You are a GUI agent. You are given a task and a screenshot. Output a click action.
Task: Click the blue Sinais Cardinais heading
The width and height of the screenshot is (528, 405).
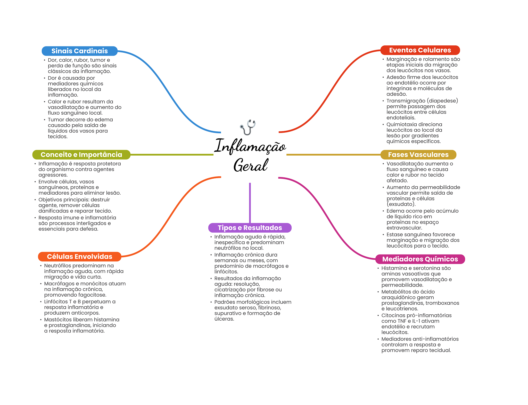pyautogui.click(x=79, y=51)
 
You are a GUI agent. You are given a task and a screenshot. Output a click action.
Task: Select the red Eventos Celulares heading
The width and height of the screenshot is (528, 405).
pyautogui.click(x=420, y=50)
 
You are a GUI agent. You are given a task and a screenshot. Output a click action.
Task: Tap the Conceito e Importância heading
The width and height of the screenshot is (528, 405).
pyautogui.click(x=81, y=155)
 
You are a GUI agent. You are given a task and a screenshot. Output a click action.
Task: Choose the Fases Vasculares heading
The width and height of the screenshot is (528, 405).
pyautogui.click(x=418, y=155)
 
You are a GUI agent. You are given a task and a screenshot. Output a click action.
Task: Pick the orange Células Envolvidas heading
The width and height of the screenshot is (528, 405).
pyautogui.click(x=79, y=257)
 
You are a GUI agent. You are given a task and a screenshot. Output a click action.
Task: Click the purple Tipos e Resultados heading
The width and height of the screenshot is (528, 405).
pyautogui.click(x=250, y=228)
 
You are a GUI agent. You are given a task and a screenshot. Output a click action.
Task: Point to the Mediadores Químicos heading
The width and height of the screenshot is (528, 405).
pyautogui.click(x=420, y=259)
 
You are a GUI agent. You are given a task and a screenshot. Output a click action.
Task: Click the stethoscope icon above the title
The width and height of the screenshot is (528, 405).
pyautogui.click(x=248, y=127)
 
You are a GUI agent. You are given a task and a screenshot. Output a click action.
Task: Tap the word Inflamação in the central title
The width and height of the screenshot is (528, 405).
pyautogui.click(x=250, y=146)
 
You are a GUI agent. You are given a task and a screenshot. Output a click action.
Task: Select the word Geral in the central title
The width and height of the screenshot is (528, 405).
pyautogui.click(x=251, y=165)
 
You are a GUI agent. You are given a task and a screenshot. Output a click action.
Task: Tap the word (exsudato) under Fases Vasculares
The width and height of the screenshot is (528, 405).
pyautogui.click(x=401, y=204)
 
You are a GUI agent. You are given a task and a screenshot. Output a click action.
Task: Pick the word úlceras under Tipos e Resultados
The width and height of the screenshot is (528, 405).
pyautogui.click(x=224, y=319)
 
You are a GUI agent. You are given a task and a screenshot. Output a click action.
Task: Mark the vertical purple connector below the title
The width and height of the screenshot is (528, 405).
pyautogui.click(x=250, y=203)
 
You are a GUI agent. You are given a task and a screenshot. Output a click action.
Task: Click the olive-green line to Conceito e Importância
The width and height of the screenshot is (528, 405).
pyautogui.click(x=172, y=155)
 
